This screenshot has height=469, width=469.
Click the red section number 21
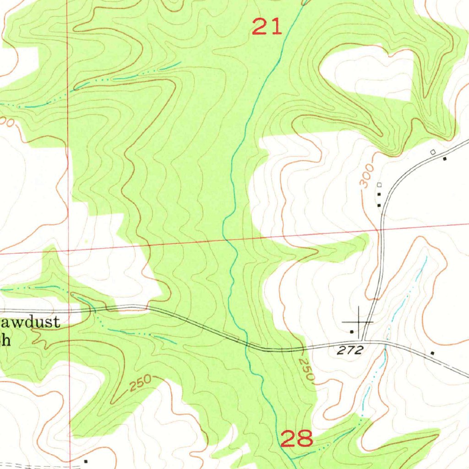pos(267,27)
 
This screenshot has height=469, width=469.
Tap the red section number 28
pos(297,438)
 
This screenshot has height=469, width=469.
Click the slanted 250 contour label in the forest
pos(140,383)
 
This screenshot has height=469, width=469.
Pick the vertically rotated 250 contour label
pos(307,370)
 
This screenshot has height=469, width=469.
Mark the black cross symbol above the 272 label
pos(358,322)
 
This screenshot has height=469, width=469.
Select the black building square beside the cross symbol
pos(352,331)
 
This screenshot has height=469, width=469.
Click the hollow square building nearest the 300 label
pos(379,185)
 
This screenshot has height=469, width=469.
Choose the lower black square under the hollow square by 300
pos(379,205)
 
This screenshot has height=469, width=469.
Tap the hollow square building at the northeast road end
pos(433,152)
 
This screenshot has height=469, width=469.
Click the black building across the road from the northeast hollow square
pos(445,159)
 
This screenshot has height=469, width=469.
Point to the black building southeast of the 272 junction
pos(432,353)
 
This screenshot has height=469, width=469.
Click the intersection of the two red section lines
pos(68,251)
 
